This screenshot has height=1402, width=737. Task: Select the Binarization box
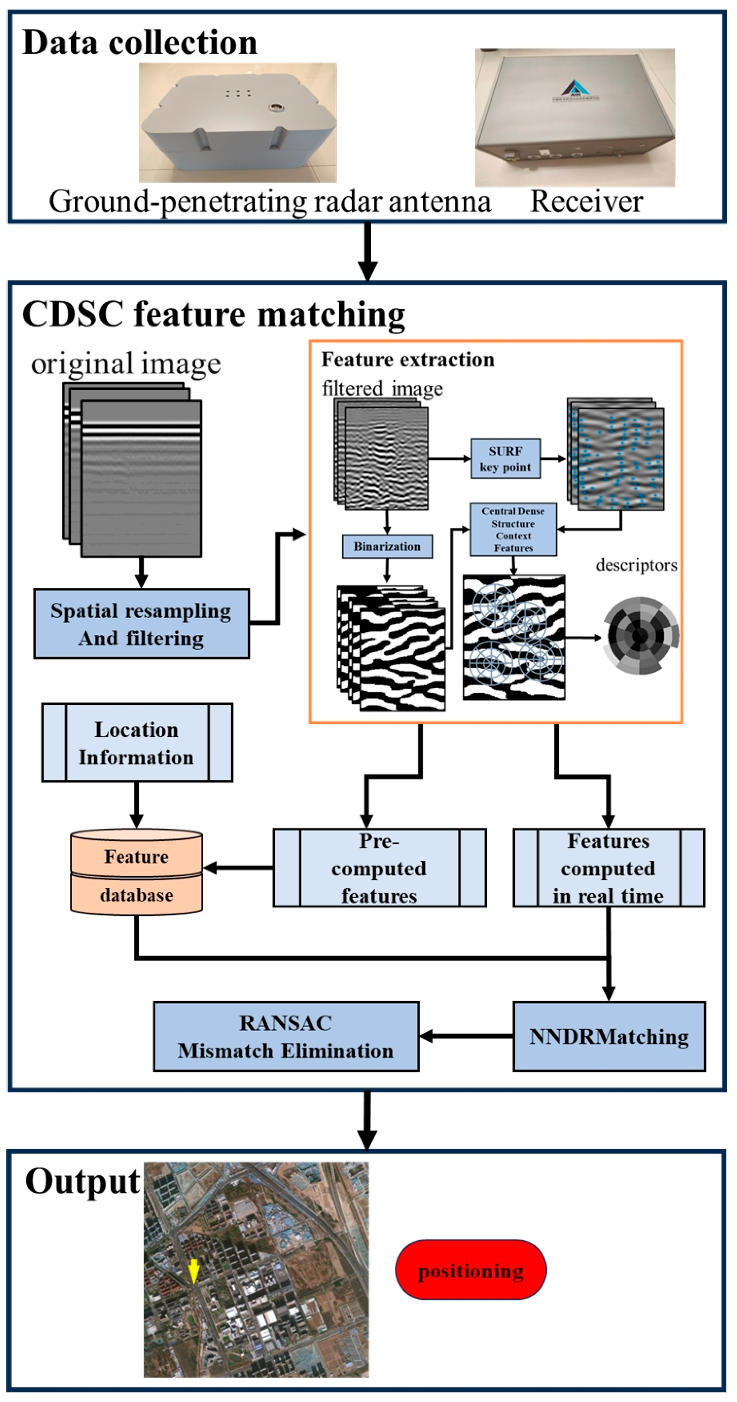coord(387,546)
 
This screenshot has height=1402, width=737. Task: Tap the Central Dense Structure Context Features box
coord(513,529)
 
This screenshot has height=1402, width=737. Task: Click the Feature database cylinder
coord(136,872)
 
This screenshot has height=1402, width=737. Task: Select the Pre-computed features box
coord(379,868)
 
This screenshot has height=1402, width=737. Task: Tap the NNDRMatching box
coord(609,1036)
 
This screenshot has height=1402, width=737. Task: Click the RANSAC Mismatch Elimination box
coord(286,1036)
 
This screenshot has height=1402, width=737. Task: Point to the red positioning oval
coord(471,1270)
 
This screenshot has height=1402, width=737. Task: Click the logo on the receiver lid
coord(575,89)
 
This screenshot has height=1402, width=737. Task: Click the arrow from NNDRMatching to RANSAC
coord(466,1036)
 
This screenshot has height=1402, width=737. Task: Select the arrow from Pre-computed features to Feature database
coord(238,868)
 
